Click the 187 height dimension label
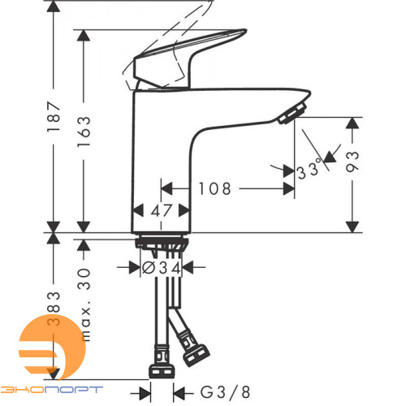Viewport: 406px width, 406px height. [54, 116]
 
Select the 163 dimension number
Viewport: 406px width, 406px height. [84, 132]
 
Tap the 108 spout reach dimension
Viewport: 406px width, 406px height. [215, 188]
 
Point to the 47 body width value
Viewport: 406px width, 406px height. [162, 210]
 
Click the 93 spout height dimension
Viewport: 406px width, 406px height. [352, 162]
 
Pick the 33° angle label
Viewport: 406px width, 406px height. [309, 171]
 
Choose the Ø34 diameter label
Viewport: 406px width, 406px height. [162, 268]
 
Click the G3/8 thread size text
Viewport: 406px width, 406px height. [225, 392]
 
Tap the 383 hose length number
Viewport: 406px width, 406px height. [54, 309]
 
